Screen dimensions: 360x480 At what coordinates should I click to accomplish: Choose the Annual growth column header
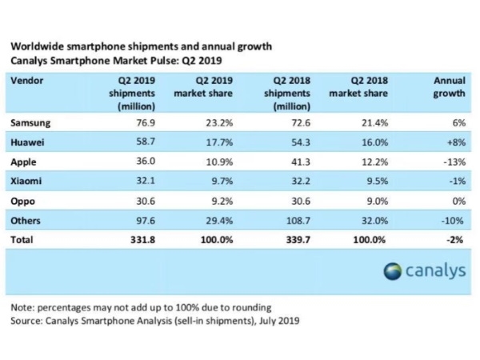pyautogui.click(x=450, y=87)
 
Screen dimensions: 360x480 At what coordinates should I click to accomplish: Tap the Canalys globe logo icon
pyautogui.click(x=394, y=270)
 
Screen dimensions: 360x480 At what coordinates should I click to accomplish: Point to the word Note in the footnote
pyautogui.click(x=22, y=307)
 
